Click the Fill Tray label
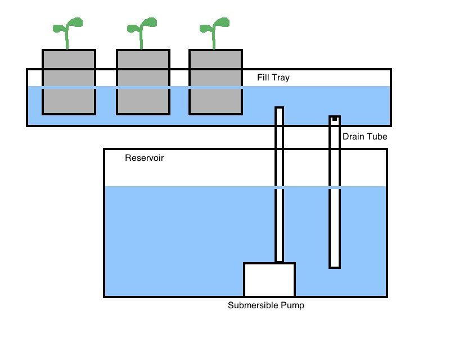coord(273,78)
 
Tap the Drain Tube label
coord(364,136)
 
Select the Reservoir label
coord(144,158)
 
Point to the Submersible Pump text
coord(265,306)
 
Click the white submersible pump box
coord(269,280)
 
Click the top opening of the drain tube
coord(335,120)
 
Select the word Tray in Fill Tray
coord(281,78)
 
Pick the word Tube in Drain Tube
coord(377,136)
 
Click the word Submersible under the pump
coord(253,306)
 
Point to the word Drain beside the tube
coord(353,136)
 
